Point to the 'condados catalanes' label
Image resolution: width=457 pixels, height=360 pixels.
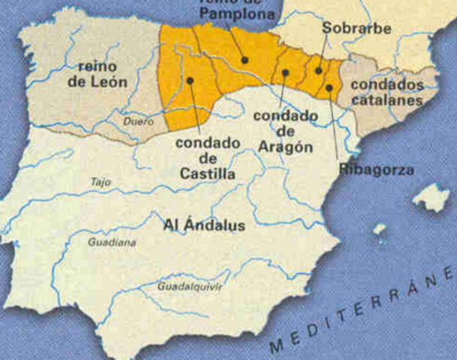386,92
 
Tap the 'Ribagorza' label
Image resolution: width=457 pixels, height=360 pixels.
376,170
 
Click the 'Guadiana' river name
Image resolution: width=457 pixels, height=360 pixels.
112,242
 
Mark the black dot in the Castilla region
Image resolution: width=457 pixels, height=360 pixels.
190,79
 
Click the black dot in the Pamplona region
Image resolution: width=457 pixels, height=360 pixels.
245,59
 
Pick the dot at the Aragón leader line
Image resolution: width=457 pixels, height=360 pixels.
286,73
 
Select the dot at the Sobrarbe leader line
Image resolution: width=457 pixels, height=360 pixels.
318,70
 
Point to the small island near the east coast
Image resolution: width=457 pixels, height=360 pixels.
380,229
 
